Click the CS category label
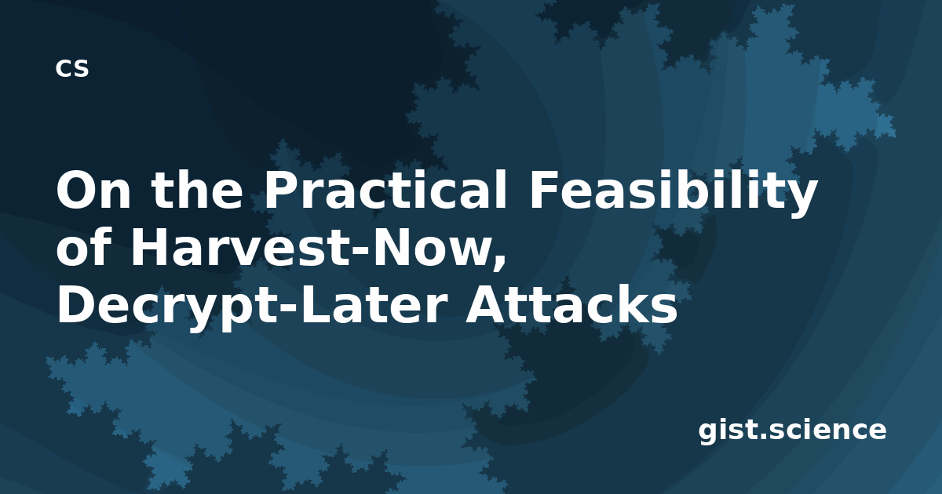[x=72, y=68]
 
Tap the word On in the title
[x=93, y=190]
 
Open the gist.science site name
[x=792, y=430]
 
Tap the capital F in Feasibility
[x=543, y=190]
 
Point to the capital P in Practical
[x=282, y=190]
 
